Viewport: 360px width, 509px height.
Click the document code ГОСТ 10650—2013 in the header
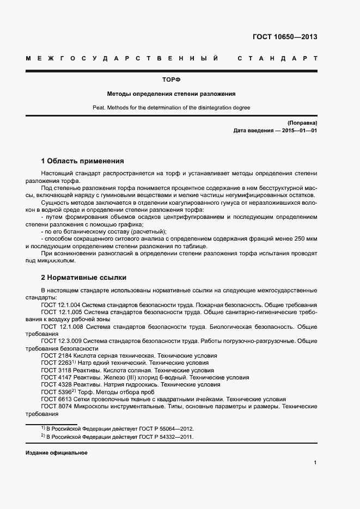285,37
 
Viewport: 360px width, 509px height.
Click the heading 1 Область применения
82,161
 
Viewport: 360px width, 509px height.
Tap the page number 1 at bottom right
315,462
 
